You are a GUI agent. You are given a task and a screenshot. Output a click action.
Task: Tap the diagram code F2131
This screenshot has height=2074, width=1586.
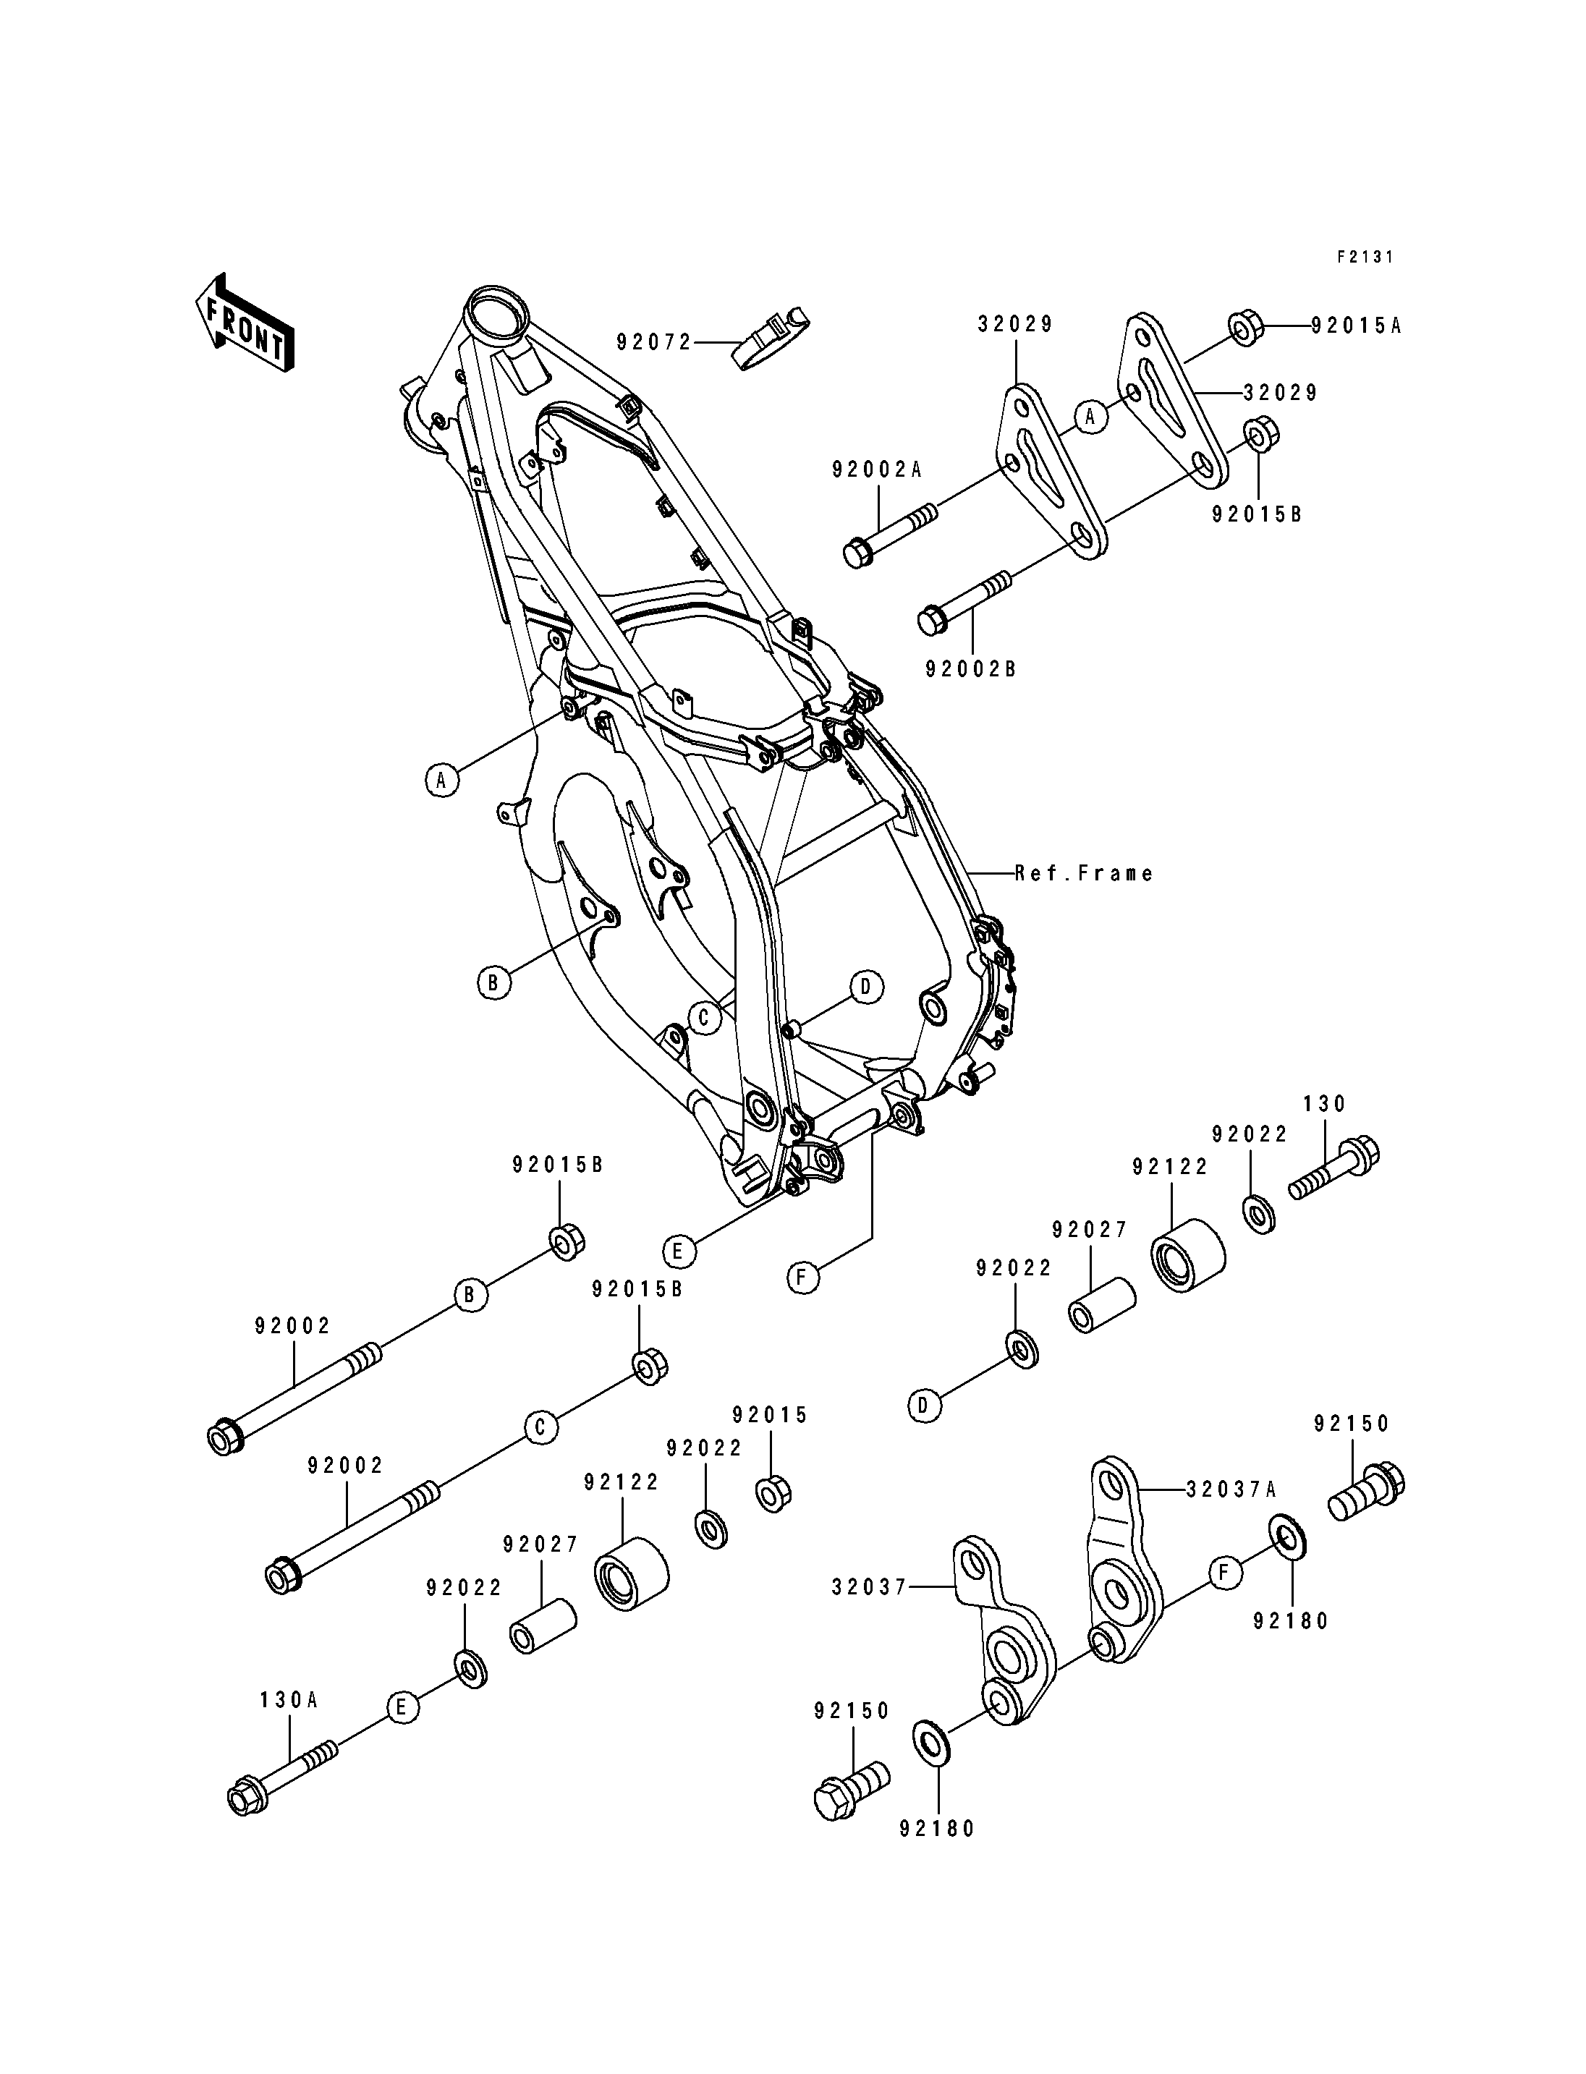[1364, 257]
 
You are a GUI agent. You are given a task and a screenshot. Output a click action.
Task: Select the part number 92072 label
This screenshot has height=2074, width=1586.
[654, 341]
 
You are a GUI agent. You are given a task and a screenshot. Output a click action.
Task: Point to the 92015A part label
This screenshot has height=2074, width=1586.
[1356, 326]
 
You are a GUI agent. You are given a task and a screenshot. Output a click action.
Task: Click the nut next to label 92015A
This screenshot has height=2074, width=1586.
[1242, 328]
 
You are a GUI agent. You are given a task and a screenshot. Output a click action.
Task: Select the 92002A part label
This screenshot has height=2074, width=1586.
[877, 469]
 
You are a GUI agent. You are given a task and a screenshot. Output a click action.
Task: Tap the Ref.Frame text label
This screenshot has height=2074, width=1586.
[1085, 873]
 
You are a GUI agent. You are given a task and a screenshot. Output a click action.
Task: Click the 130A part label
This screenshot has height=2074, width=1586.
[289, 1700]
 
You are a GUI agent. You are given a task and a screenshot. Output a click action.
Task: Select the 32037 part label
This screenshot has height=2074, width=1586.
[868, 1587]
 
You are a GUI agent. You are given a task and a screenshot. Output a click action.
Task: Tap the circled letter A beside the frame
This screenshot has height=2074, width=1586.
[440, 780]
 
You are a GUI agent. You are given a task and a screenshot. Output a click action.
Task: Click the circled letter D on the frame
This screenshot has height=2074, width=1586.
[865, 987]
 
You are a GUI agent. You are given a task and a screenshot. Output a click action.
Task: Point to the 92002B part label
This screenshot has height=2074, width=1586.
[970, 668]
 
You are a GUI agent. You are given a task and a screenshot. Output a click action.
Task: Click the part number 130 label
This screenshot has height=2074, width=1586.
[1325, 1103]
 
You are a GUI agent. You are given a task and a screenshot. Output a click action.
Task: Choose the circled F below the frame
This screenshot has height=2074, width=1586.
[802, 1278]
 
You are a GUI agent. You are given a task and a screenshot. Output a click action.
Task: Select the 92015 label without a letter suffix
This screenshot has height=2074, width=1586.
[771, 1442]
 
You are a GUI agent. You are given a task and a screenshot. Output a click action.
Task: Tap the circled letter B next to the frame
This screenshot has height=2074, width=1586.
[492, 982]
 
